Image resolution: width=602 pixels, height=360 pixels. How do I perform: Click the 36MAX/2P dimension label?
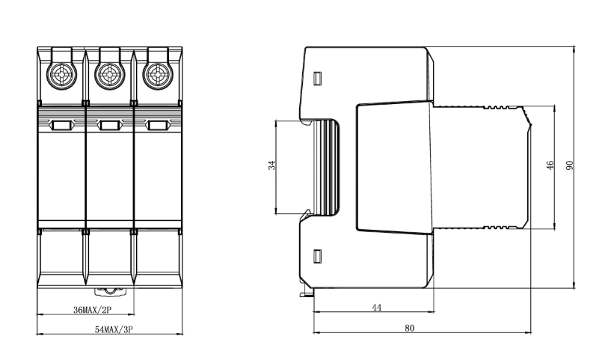93,310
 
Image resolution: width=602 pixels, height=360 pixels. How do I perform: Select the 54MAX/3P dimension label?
114,329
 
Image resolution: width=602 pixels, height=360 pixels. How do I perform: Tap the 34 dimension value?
271,165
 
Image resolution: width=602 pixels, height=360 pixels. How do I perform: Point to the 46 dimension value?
550,165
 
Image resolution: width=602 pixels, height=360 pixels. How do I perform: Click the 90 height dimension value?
570,165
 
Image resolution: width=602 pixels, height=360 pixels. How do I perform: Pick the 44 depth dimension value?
377,308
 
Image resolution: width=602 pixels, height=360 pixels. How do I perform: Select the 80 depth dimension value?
410,328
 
